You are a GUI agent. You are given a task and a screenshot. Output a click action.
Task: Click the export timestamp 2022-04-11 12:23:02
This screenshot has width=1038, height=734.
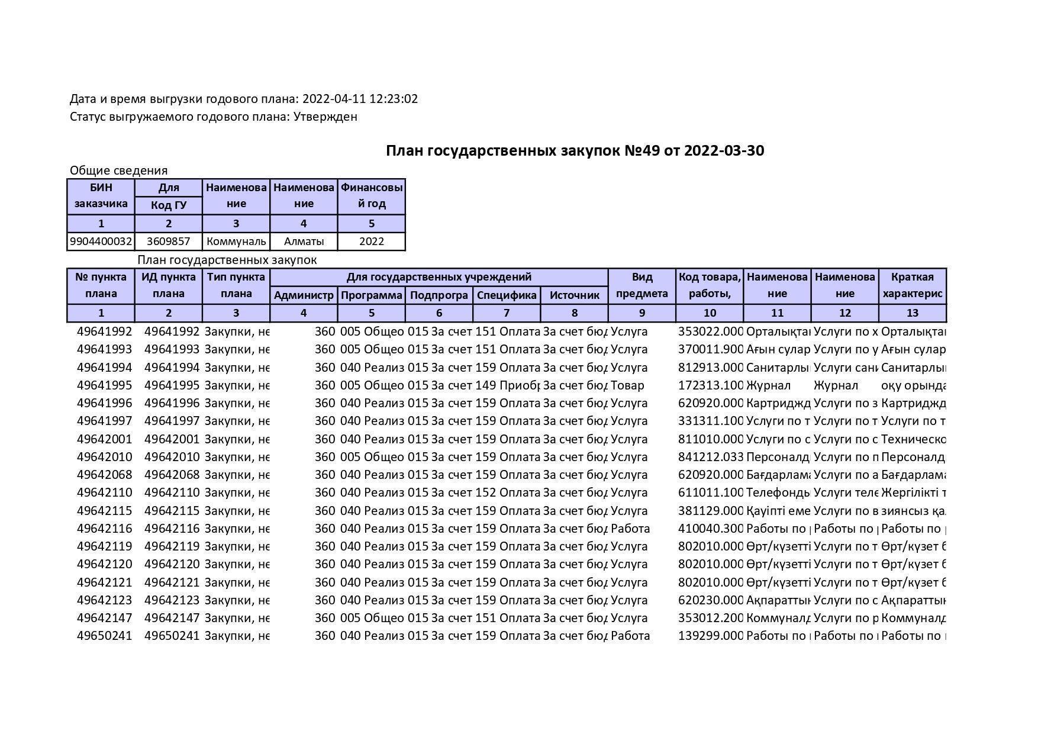coord(360,99)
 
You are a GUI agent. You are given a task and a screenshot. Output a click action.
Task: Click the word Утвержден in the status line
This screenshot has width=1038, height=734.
coord(325,117)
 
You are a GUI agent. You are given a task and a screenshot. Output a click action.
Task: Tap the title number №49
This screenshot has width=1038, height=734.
coord(642,151)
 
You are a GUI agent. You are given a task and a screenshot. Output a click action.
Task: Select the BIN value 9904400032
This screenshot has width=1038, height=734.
coord(101,242)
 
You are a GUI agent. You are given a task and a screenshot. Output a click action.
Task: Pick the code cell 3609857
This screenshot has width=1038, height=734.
coord(168,242)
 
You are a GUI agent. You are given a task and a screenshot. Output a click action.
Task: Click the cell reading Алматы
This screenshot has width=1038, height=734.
coord(304,242)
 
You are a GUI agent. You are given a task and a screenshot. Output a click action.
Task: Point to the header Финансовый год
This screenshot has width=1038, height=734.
coord(371,195)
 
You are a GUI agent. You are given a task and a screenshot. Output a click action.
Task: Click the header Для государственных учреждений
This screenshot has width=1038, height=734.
coord(439,277)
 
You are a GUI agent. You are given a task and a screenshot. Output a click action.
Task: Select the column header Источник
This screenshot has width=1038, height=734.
coord(574,295)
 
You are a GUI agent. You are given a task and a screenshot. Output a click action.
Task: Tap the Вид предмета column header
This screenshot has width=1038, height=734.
coord(642,285)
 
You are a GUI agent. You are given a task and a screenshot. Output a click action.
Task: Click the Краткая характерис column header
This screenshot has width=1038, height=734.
coord(912,285)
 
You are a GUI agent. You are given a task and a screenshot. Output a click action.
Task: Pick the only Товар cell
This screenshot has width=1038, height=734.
coord(627,385)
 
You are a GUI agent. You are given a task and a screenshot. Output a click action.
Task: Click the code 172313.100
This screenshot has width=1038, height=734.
coord(710,385)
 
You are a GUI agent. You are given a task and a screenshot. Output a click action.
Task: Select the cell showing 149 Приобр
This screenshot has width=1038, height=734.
coord(507,385)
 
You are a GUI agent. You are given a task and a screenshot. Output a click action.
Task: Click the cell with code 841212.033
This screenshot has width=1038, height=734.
coord(710,457)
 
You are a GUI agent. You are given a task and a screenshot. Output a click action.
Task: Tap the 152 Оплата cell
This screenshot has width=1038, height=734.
coord(507,492)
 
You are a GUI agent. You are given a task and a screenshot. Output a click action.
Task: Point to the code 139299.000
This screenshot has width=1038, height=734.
coord(710,636)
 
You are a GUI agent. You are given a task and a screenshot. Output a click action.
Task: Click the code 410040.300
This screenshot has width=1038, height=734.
coord(710,529)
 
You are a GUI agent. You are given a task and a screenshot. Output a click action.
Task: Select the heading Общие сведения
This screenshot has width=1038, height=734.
coord(118,170)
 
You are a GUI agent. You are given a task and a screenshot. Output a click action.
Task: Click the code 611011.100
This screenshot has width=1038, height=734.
coord(710,492)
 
